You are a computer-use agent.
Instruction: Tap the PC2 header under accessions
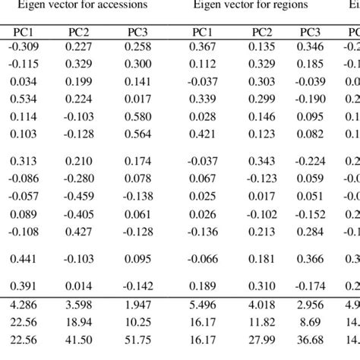point(84,33)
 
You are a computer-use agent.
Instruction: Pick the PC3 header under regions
point(310,33)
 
